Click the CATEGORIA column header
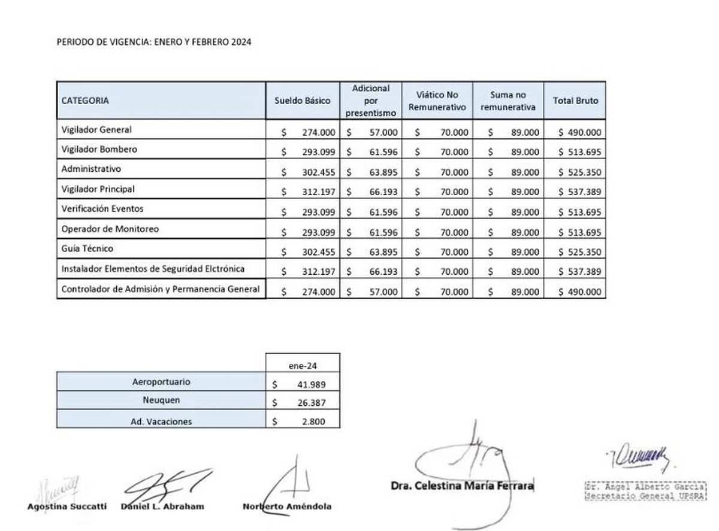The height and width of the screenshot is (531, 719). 85,101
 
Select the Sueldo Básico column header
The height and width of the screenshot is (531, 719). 303,101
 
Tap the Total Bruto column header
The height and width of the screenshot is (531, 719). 575,101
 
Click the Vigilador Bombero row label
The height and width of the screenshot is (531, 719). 99,149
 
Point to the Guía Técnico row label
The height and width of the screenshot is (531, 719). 87,248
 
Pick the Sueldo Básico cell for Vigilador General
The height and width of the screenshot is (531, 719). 309,132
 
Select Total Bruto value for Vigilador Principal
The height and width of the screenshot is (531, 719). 580,192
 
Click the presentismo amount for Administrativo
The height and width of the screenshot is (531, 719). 377,172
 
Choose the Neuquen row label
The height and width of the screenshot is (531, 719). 161,400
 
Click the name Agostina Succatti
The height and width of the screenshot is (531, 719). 67,506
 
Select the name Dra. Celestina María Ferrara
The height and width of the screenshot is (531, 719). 462,486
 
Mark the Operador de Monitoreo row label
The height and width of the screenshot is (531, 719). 110,229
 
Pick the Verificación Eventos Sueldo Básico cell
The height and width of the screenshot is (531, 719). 309,212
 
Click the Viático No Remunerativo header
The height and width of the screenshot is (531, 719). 437,101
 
